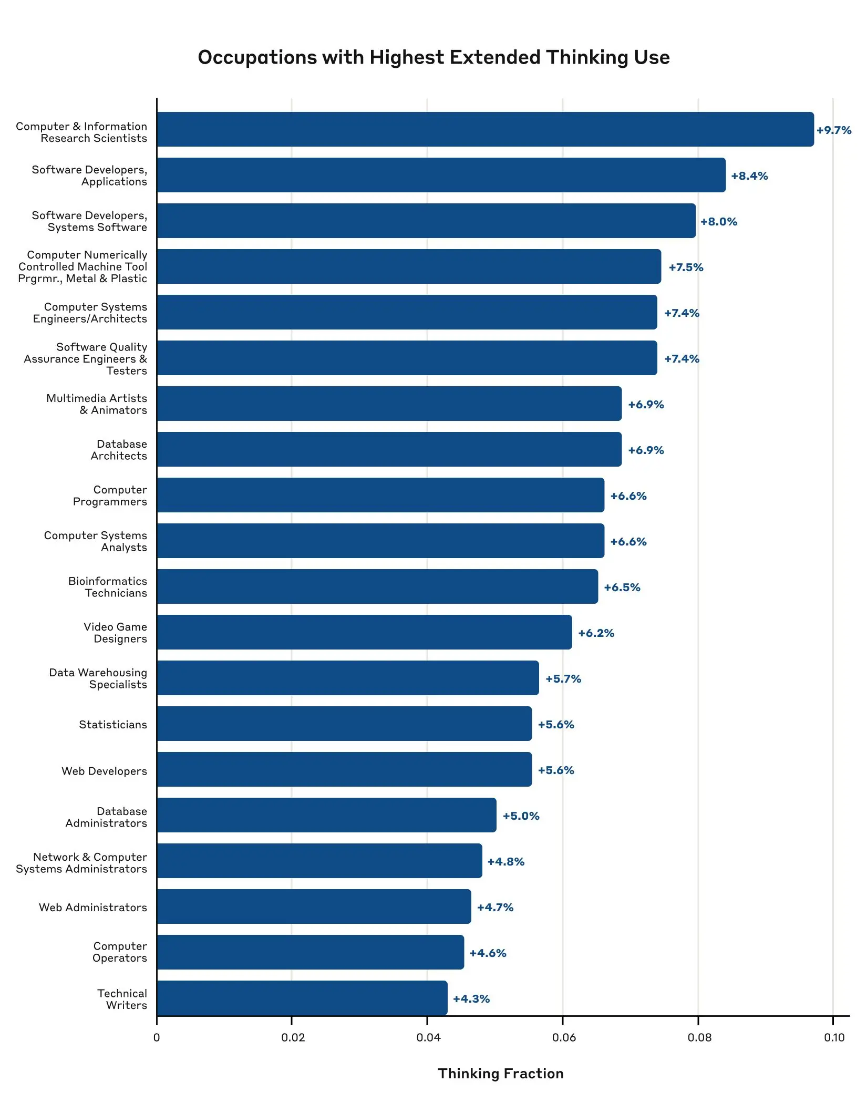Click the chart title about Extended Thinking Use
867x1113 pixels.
coord(434,57)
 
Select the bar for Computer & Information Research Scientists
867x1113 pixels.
coord(484,129)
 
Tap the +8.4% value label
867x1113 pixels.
coord(749,176)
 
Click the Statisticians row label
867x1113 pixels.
coord(113,725)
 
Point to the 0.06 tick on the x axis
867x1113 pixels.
coord(564,1037)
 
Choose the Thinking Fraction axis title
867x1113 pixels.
coord(500,1074)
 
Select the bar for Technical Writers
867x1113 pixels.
coord(302,998)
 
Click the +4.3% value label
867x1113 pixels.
coord(471,999)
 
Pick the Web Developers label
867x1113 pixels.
coord(104,771)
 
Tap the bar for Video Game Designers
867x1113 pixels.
coord(364,632)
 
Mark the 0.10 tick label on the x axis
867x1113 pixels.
coord(834,1037)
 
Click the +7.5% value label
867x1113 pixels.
coord(686,267)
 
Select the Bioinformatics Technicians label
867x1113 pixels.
coord(108,587)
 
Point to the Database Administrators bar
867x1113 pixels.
coord(326,815)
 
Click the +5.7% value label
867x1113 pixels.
coord(563,679)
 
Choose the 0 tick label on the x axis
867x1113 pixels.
coord(157,1037)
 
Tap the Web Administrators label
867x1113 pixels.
coord(93,908)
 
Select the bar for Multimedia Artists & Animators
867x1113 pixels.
coord(389,404)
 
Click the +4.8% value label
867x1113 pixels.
coord(506,862)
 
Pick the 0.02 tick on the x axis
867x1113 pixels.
coord(293,1037)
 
